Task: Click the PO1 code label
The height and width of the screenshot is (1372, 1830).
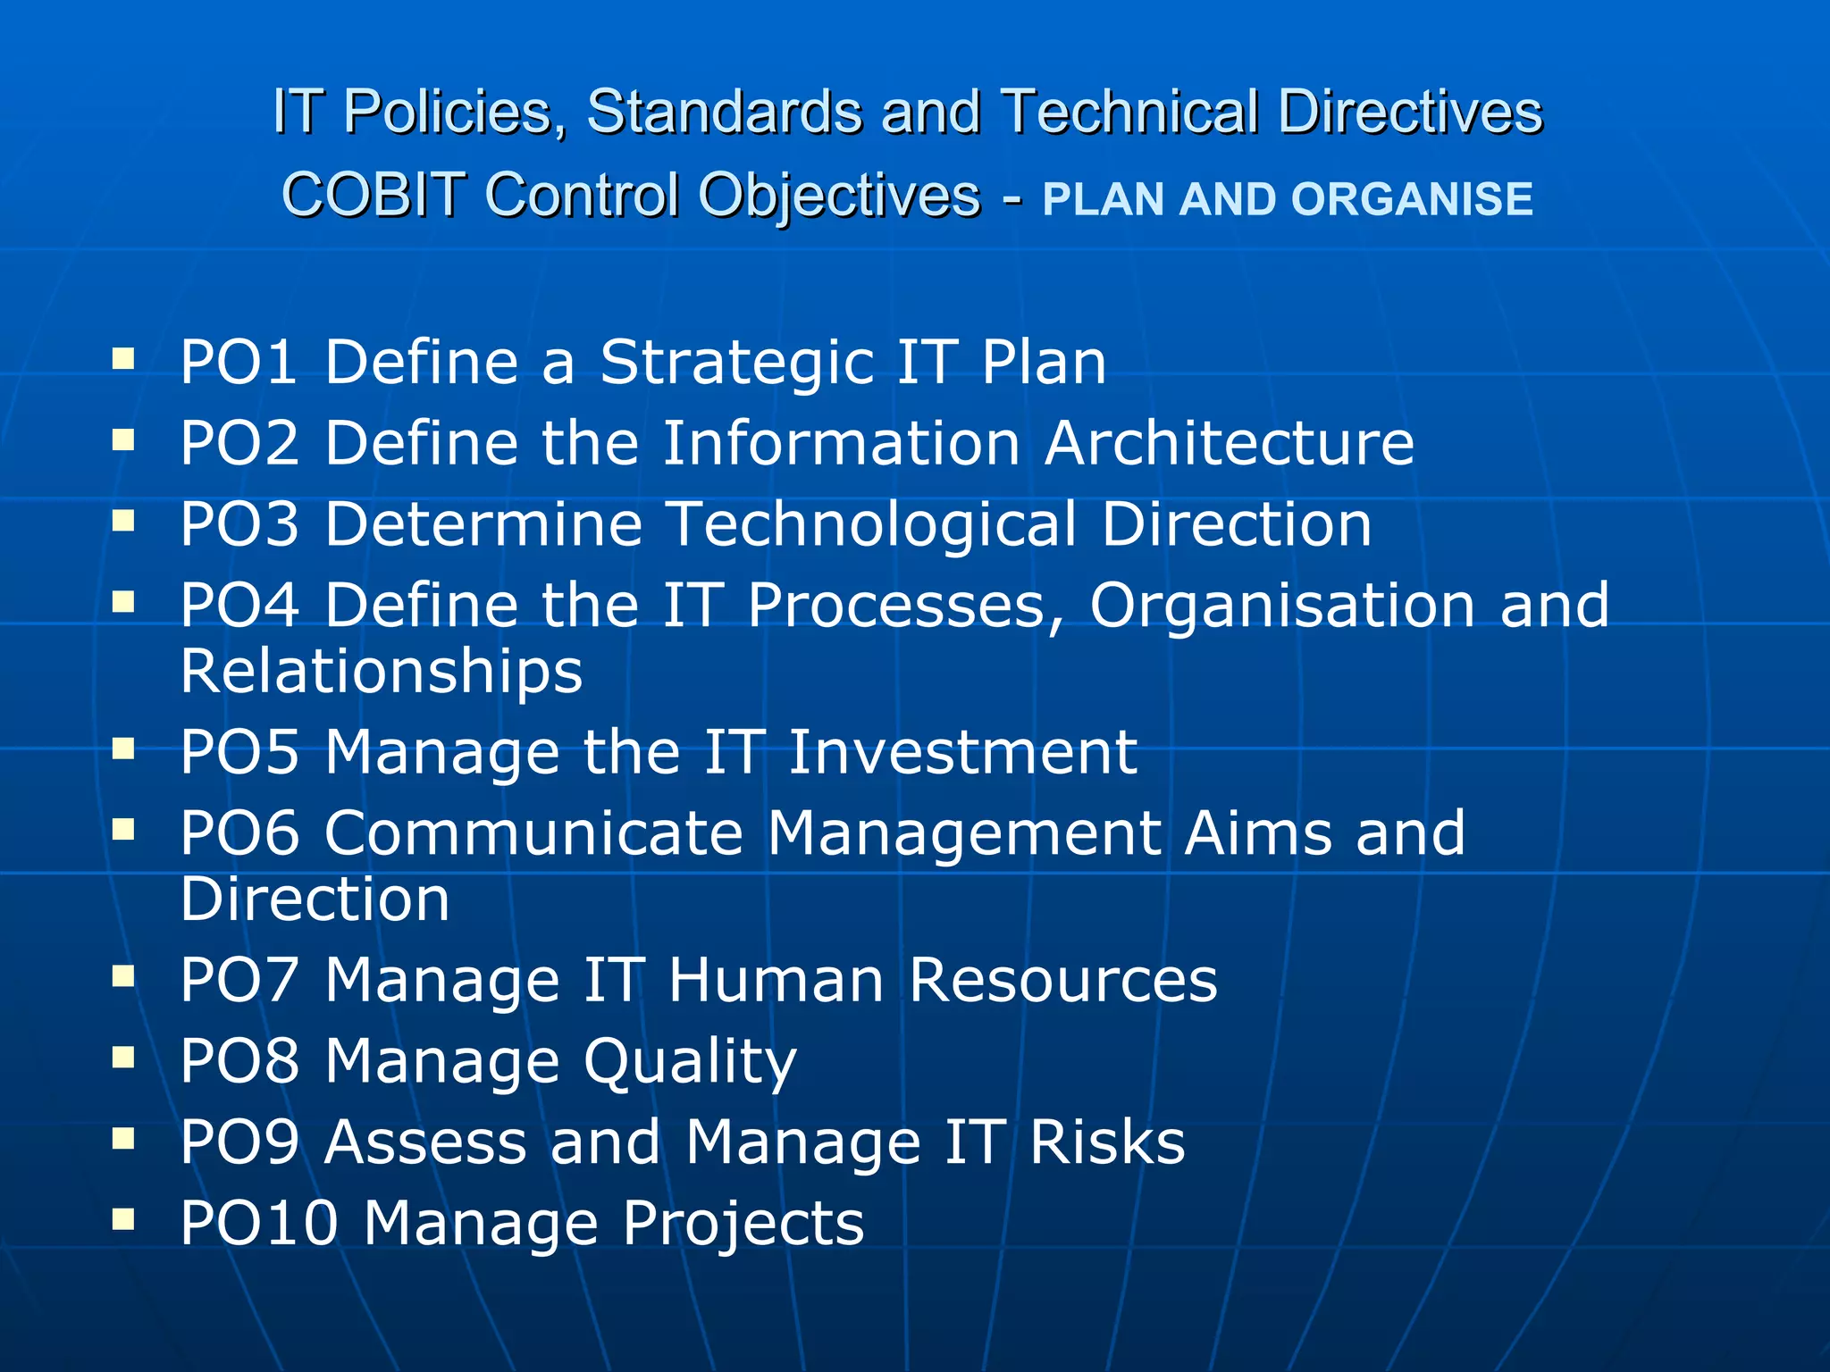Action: tap(239, 363)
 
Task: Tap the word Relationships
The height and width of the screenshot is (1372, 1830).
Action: tap(382, 672)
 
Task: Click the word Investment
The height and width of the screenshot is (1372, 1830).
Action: tap(962, 752)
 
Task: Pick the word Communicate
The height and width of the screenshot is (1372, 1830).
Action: tap(533, 833)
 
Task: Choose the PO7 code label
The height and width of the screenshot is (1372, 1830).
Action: tap(239, 981)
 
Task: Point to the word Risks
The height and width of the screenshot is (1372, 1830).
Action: tap(1107, 1142)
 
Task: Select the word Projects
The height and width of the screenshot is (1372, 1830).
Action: tap(743, 1224)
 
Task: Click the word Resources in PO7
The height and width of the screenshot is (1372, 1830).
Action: tap(1063, 981)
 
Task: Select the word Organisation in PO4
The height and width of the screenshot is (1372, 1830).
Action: tap(1282, 606)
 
